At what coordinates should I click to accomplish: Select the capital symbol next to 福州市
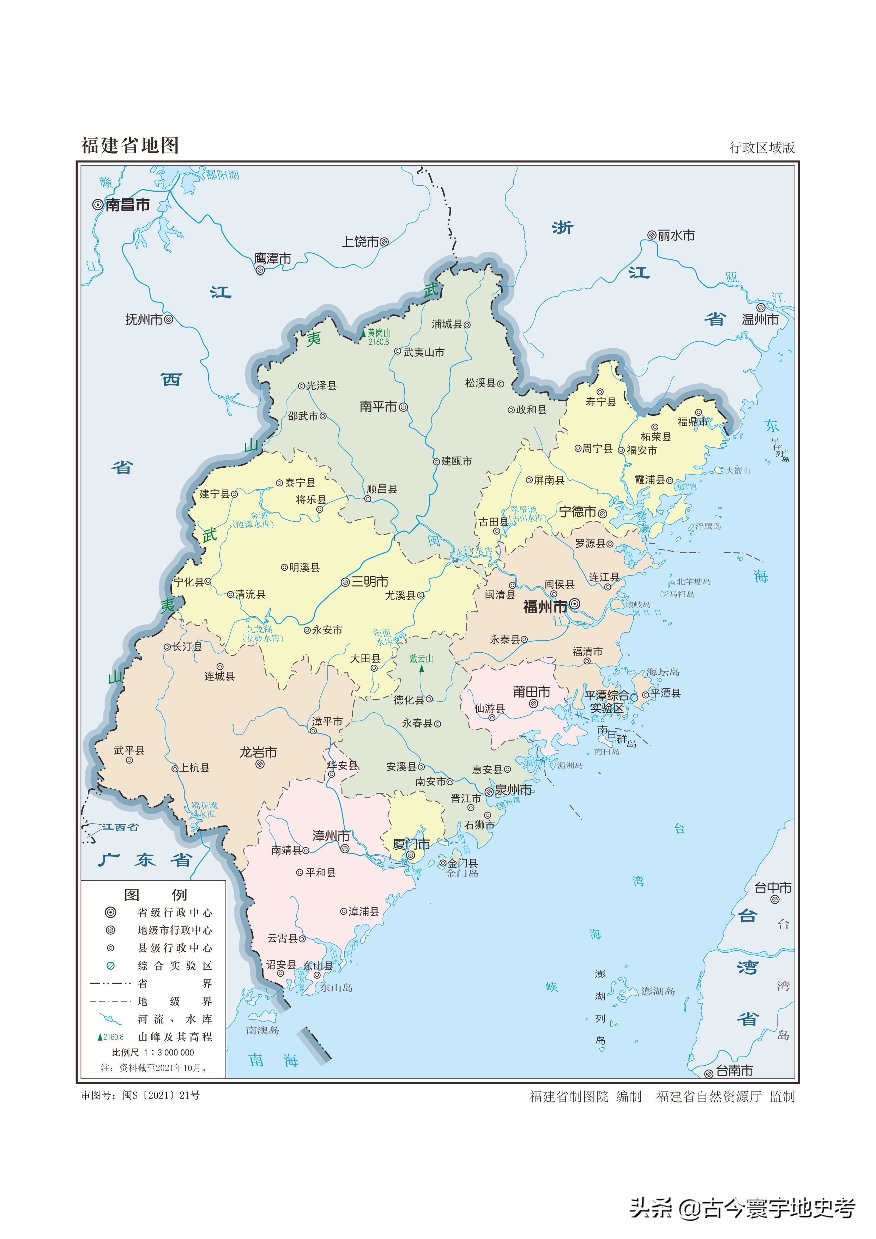[575, 604]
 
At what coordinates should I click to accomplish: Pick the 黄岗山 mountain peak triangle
[363, 335]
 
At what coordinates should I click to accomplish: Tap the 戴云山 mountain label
[421, 659]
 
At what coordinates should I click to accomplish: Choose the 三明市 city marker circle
[345, 582]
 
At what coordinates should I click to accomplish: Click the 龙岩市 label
[258, 752]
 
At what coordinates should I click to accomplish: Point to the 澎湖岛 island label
[658, 991]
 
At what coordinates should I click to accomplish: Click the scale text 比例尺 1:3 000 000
[153, 1052]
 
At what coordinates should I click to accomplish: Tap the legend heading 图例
[155, 895]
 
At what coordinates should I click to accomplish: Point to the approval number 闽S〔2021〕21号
[161, 1095]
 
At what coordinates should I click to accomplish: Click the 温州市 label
[760, 319]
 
